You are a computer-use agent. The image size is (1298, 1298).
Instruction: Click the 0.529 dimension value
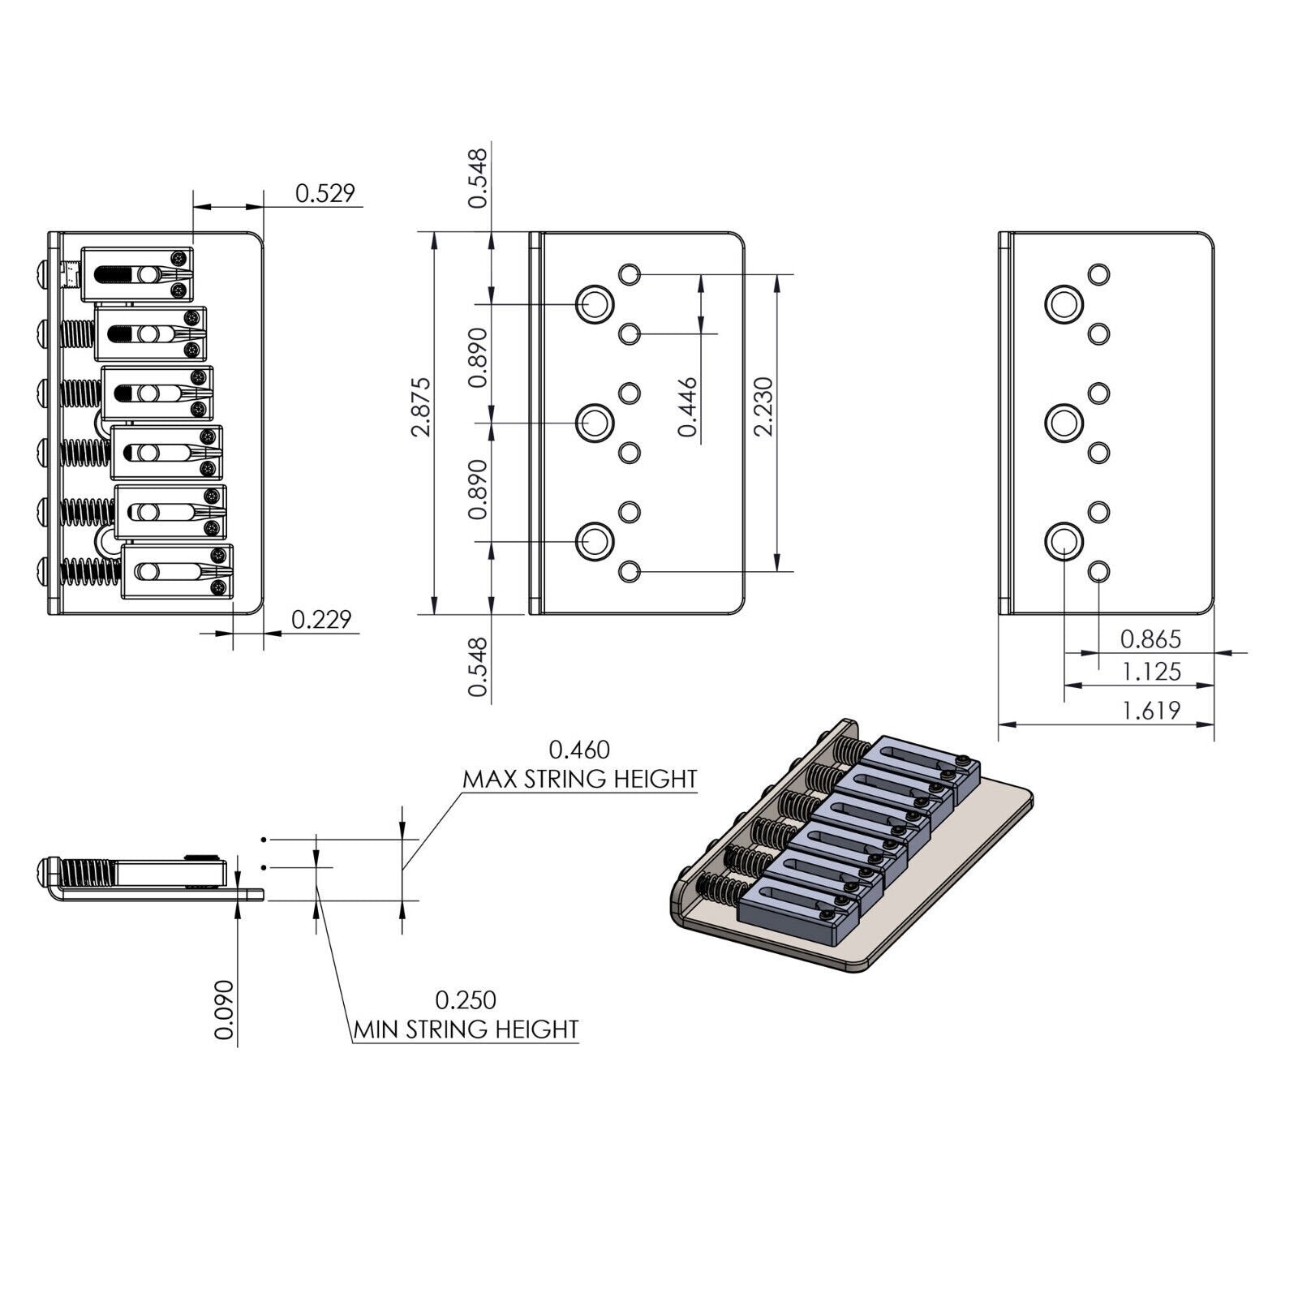324,193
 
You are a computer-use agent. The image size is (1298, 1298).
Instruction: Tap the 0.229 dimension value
321,619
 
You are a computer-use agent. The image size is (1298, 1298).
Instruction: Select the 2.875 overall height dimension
421,407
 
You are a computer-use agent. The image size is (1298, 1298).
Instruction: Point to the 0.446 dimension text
689,407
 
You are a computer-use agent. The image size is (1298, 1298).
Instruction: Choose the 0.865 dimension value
1150,639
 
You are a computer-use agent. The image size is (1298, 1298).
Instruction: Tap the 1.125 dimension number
1150,672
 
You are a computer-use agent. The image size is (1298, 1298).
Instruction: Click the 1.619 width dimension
1150,711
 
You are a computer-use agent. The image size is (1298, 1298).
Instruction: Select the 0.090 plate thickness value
225,1009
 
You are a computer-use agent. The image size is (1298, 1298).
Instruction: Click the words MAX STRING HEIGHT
580,779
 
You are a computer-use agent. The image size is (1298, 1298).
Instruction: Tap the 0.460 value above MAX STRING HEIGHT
579,749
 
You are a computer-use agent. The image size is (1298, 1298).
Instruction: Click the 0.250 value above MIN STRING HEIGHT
466,999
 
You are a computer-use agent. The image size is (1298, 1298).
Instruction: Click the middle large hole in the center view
595,423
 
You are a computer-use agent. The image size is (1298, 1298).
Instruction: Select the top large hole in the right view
1064,305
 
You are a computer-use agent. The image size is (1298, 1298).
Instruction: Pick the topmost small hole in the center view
630,274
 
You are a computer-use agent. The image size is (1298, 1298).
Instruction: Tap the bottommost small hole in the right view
1098,572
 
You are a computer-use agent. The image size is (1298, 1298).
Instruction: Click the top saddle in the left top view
138,274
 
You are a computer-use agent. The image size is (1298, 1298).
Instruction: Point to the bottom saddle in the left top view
177,572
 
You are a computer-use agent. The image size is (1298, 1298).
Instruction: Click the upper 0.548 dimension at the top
479,178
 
